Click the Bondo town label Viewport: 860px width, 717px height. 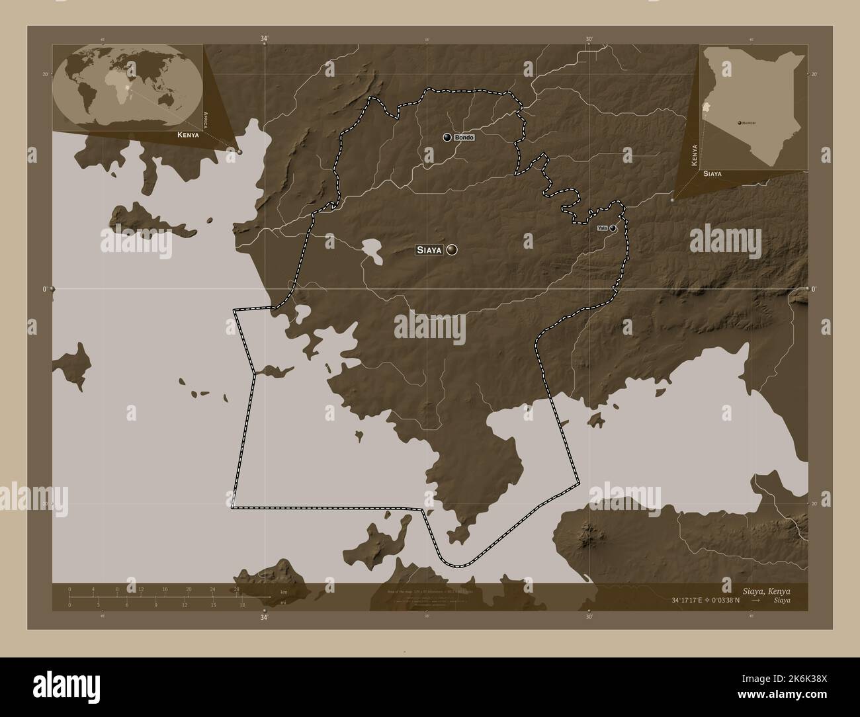pyautogui.click(x=464, y=137)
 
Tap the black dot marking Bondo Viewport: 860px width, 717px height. pyautogui.click(x=447, y=137)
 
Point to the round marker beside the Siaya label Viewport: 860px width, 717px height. pyautogui.click(x=452, y=249)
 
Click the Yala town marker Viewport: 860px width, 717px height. pyautogui.click(x=613, y=228)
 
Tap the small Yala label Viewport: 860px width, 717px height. pyautogui.click(x=602, y=228)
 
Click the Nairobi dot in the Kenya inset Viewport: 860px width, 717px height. pyautogui.click(x=738, y=122)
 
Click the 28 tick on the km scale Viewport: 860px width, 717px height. pyautogui.click(x=236, y=589)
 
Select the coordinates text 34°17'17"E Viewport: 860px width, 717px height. pyautogui.click(x=691, y=599)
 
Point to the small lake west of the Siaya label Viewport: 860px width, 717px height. pyautogui.click(x=372, y=253)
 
